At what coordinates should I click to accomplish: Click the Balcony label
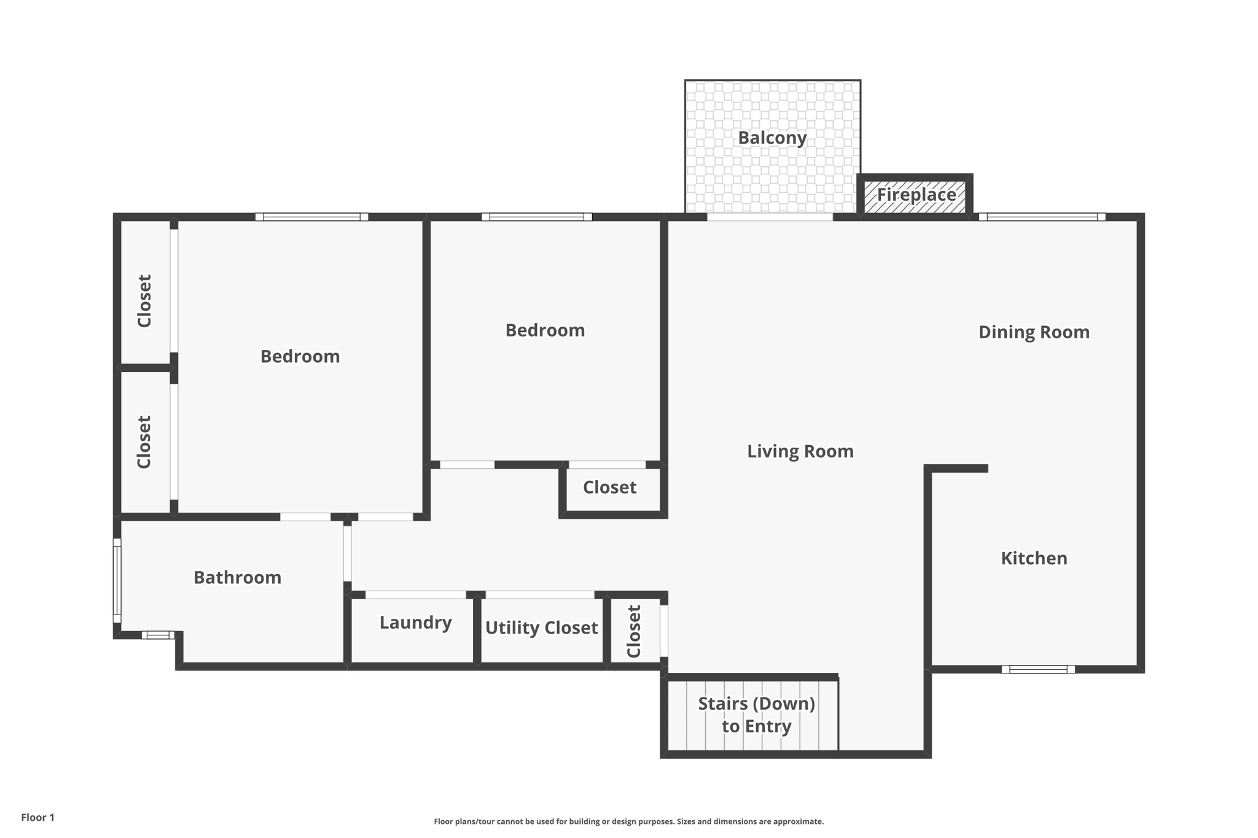pyautogui.click(x=772, y=138)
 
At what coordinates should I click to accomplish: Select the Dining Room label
pyautogui.click(x=1034, y=332)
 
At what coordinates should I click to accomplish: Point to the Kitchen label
pyautogui.click(x=1034, y=558)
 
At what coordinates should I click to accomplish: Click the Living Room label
pyautogui.click(x=800, y=452)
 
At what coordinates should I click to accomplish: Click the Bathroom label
pyautogui.click(x=237, y=578)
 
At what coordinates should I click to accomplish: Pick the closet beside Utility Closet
pyautogui.click(x=635, y=631)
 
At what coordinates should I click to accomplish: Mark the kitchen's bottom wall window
pyautogui.click(x=1038, y=669)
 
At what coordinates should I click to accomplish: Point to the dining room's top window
pyautogui.click(x=1042, y=217)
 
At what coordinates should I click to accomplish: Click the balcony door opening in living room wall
pyautogui.click(x=770, y=217)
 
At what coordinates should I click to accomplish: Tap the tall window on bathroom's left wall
pyautogui.click(x=117, y=580)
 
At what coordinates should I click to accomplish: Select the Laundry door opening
pyautogui.click(x=416, y=595)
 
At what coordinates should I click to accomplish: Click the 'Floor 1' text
pyautogui.click(x=37, y=818)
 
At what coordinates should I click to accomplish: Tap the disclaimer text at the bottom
pyautogui.click(x=628, y=821)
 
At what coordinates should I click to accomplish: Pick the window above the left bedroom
pyautogui.click(x=311, y=217)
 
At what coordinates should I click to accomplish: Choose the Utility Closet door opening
pyautogui.click(x=540, y=595)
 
